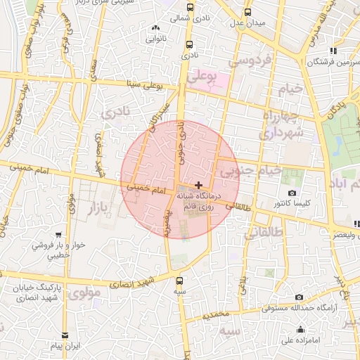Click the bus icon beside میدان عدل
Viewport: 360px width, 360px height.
point(247,12)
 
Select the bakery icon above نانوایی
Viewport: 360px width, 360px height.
point(155,29)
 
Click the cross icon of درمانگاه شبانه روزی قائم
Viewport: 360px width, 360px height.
point(198,184)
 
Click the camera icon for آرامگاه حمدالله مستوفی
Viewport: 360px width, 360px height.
point(300,297)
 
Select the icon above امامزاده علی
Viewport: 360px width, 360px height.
point(301,330)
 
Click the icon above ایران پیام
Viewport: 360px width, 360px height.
point(65,335)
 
